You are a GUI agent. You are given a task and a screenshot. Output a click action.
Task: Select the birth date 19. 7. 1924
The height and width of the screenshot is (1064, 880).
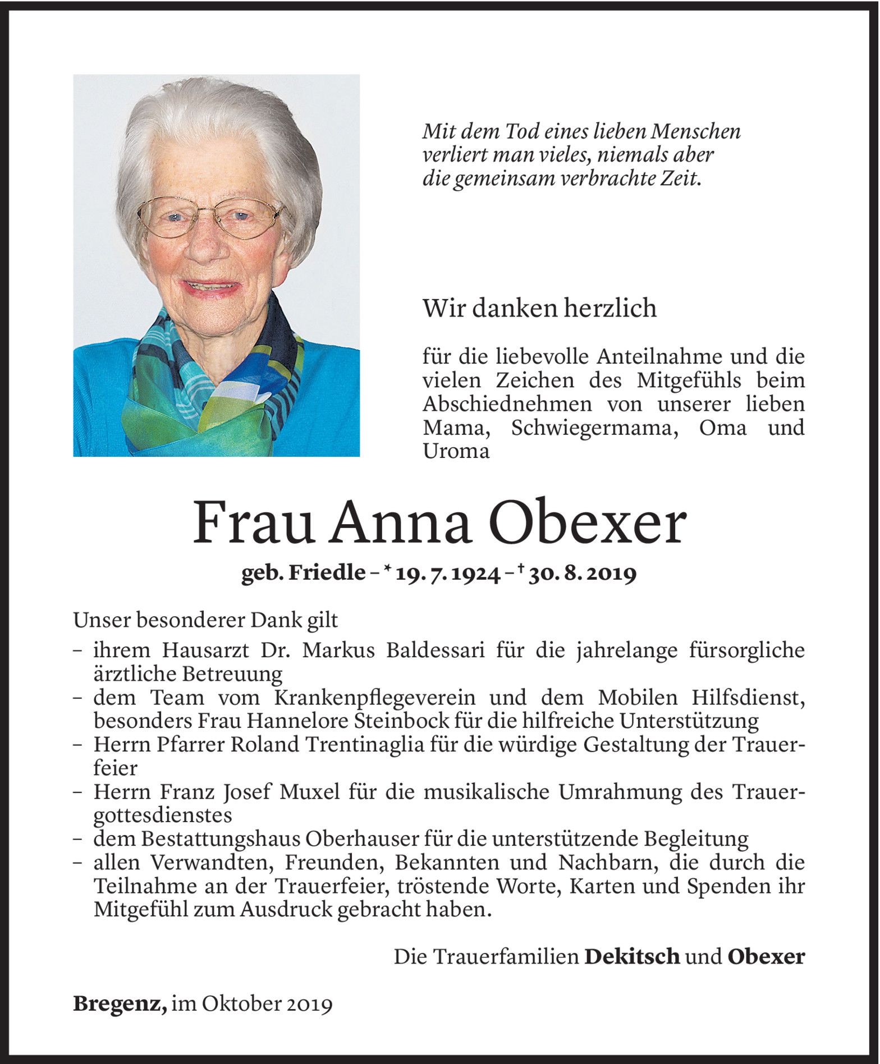coord(447,574)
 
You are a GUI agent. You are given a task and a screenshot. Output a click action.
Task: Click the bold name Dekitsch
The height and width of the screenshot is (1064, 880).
coord(632,956)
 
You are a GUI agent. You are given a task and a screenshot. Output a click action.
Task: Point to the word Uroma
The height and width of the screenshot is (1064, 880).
coord(456,451)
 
